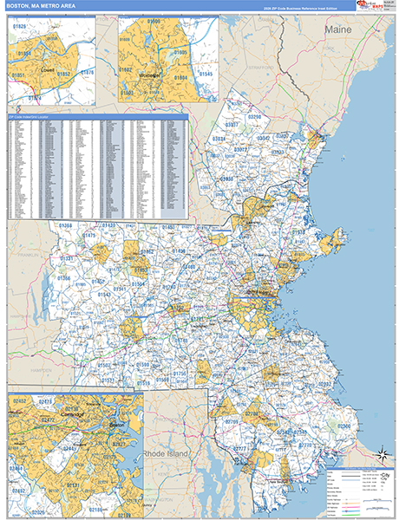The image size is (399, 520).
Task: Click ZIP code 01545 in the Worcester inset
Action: click(x=205, y=75)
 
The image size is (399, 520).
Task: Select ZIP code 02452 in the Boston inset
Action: click(x=20, y=401)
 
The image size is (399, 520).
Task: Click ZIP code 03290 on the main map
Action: click(x=253, y=115)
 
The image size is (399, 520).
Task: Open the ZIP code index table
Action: click(x=97, y=167)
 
